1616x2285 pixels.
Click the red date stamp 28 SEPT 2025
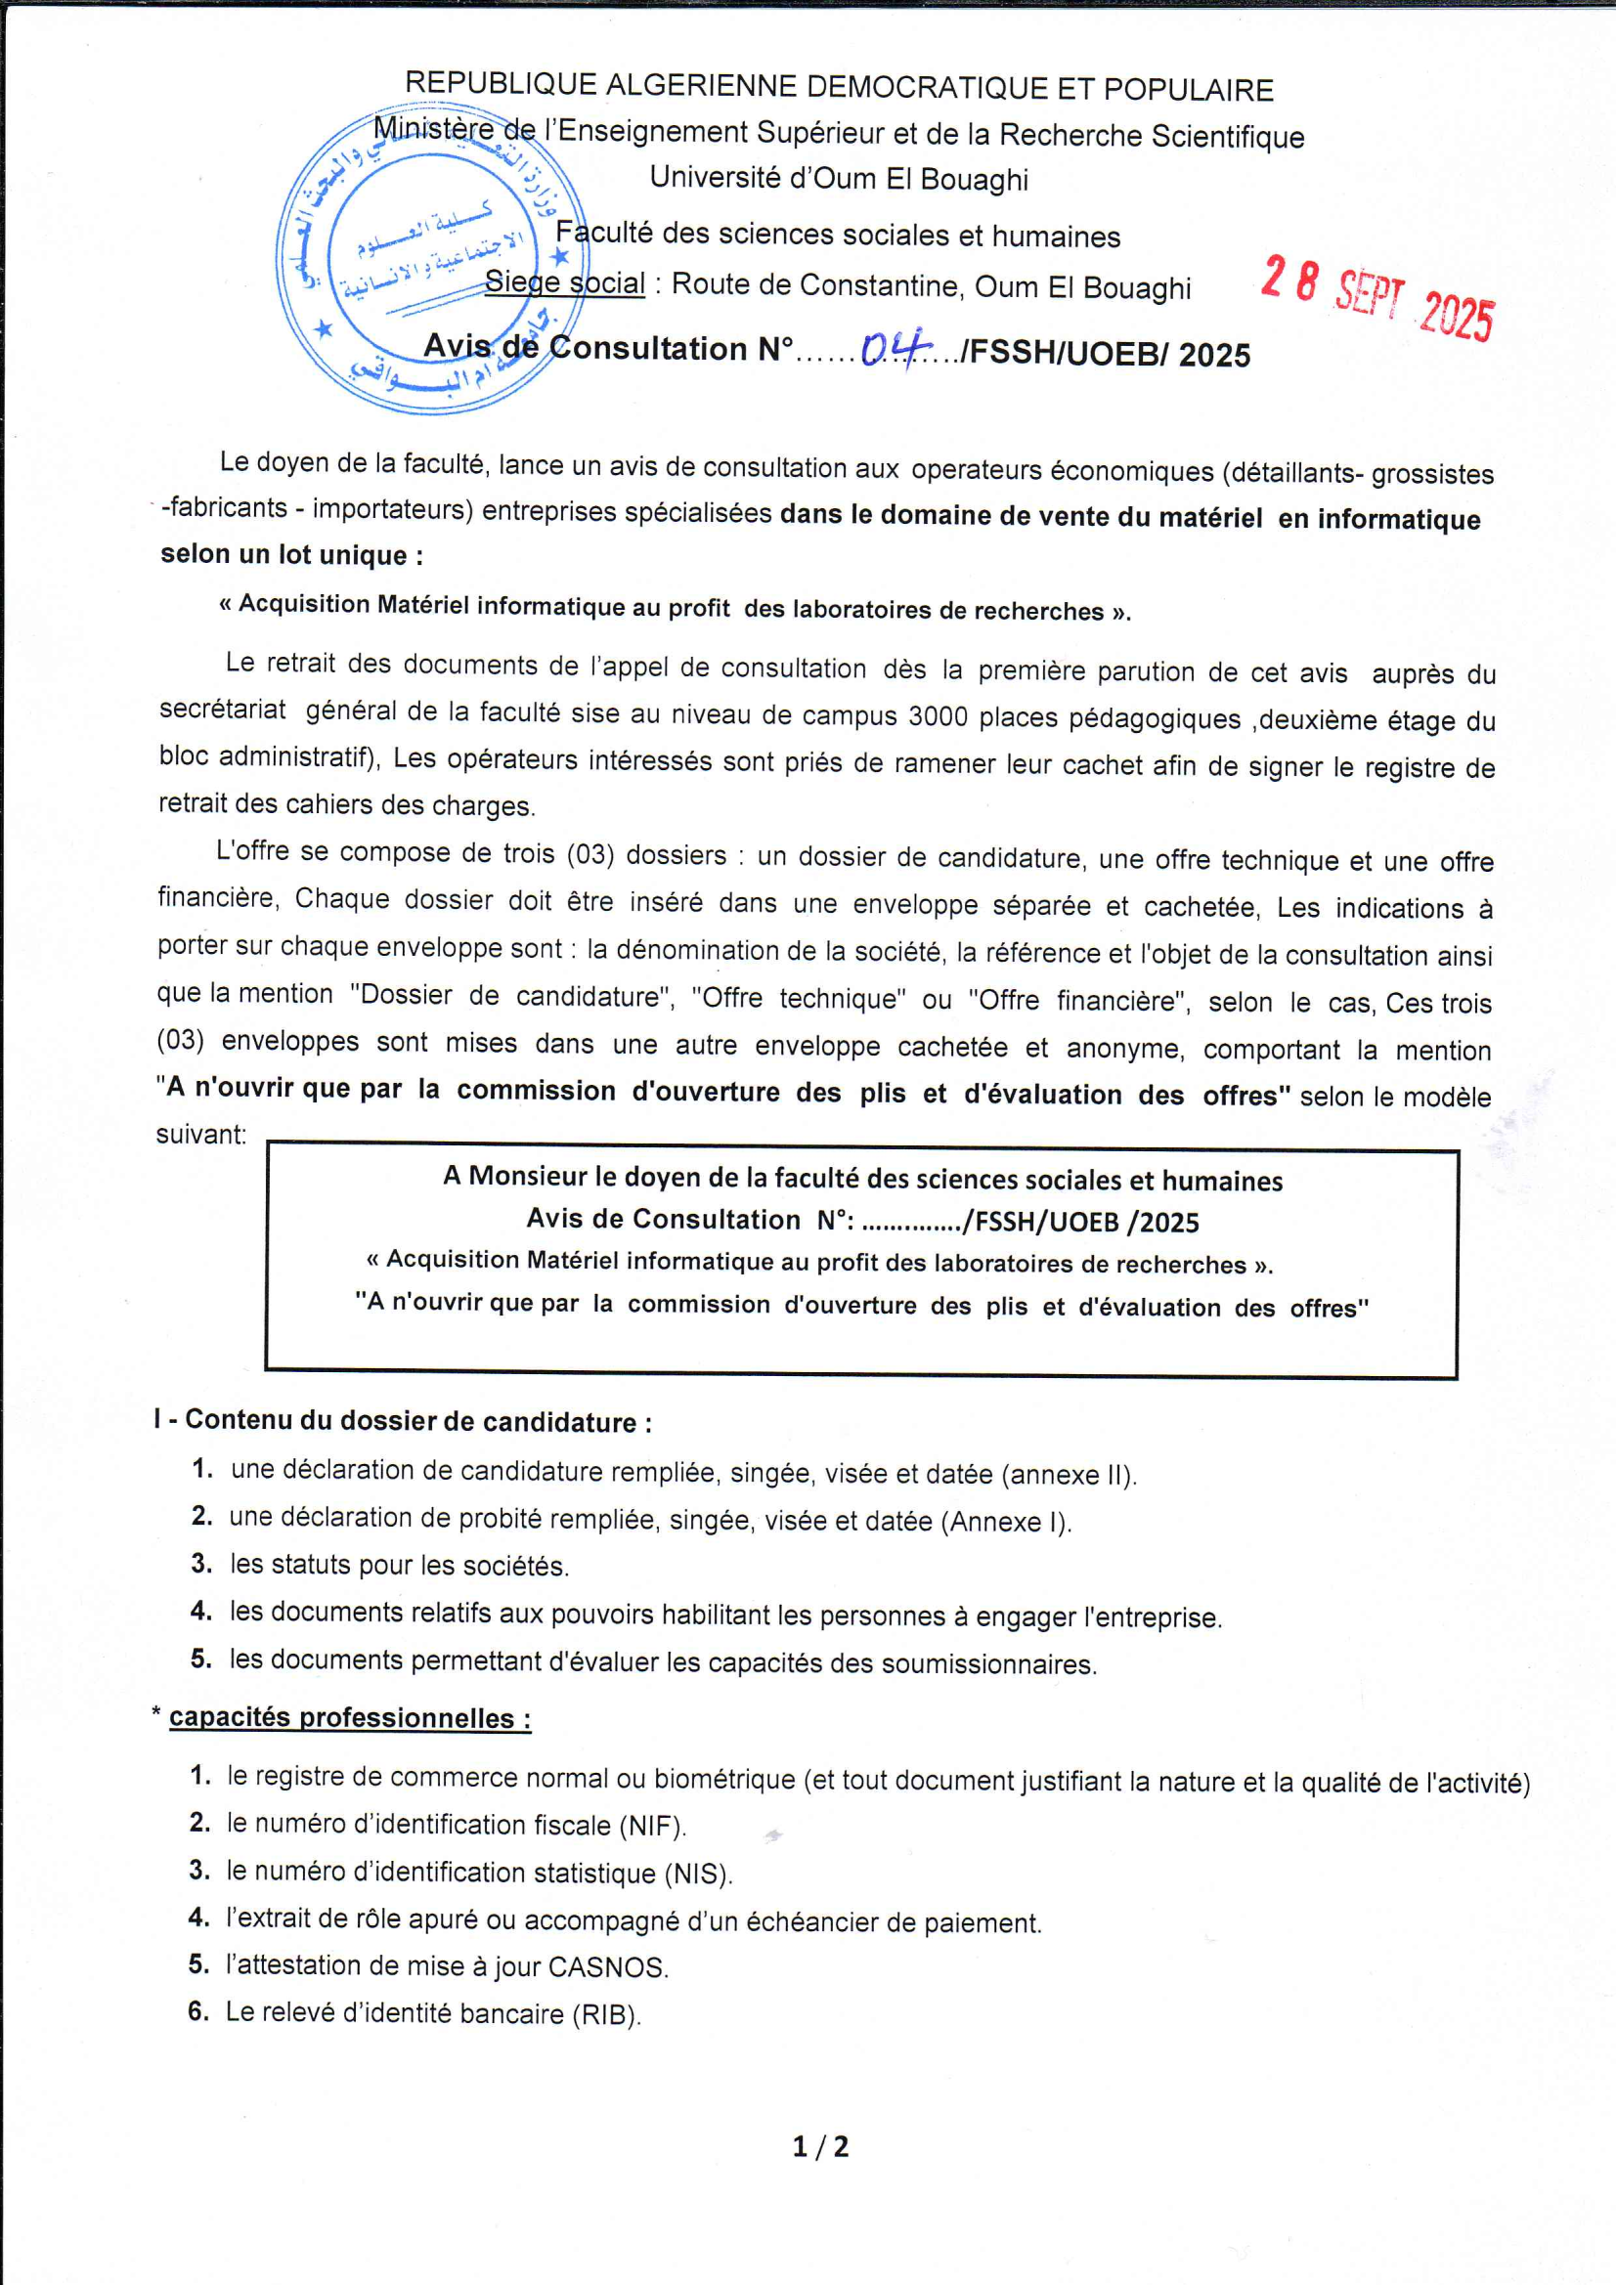tap(1378, 297)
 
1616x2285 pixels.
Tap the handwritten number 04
tap(895, 348)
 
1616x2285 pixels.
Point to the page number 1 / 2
tap(820, 2145)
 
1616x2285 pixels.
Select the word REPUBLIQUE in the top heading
tap(500, 84)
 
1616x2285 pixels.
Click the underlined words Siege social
tap(564, 283)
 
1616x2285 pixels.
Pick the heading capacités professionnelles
tap(349, 1719)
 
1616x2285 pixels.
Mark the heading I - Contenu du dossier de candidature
tap(403, 1421)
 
